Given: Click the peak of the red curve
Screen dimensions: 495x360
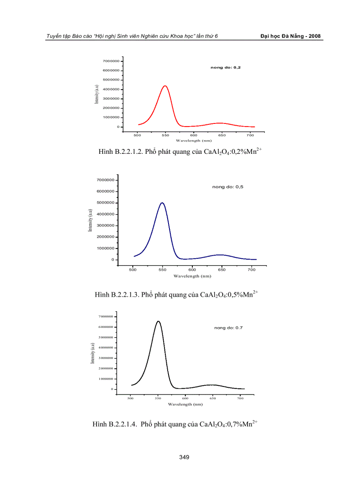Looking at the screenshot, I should pyautogui.click(x=165, y=86).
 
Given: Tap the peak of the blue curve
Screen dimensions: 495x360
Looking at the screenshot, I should pyautogui.click(x=162, y=203).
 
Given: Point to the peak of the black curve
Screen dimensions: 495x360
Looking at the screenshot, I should pyautogui.click(x=158, y=321).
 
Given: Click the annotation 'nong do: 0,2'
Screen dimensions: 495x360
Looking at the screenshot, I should pyautogui.click(x=225, y=67).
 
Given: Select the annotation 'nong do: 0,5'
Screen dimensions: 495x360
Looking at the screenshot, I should pyautogui.click(x=228, y=187).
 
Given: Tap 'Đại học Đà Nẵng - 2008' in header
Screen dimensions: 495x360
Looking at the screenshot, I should pyautogui.click(x=290, y=36).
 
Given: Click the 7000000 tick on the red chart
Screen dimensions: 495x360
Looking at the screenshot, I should pyautogui.click(x=112, y=61).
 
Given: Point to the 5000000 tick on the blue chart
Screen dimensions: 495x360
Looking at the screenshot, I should pyautogui.click(x=105, y=203).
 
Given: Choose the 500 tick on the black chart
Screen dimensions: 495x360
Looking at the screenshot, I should pyautogui.click(x=131, y=398).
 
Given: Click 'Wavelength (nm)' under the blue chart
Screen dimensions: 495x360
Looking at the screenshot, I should pyautogui.click(x=192, y=276).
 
